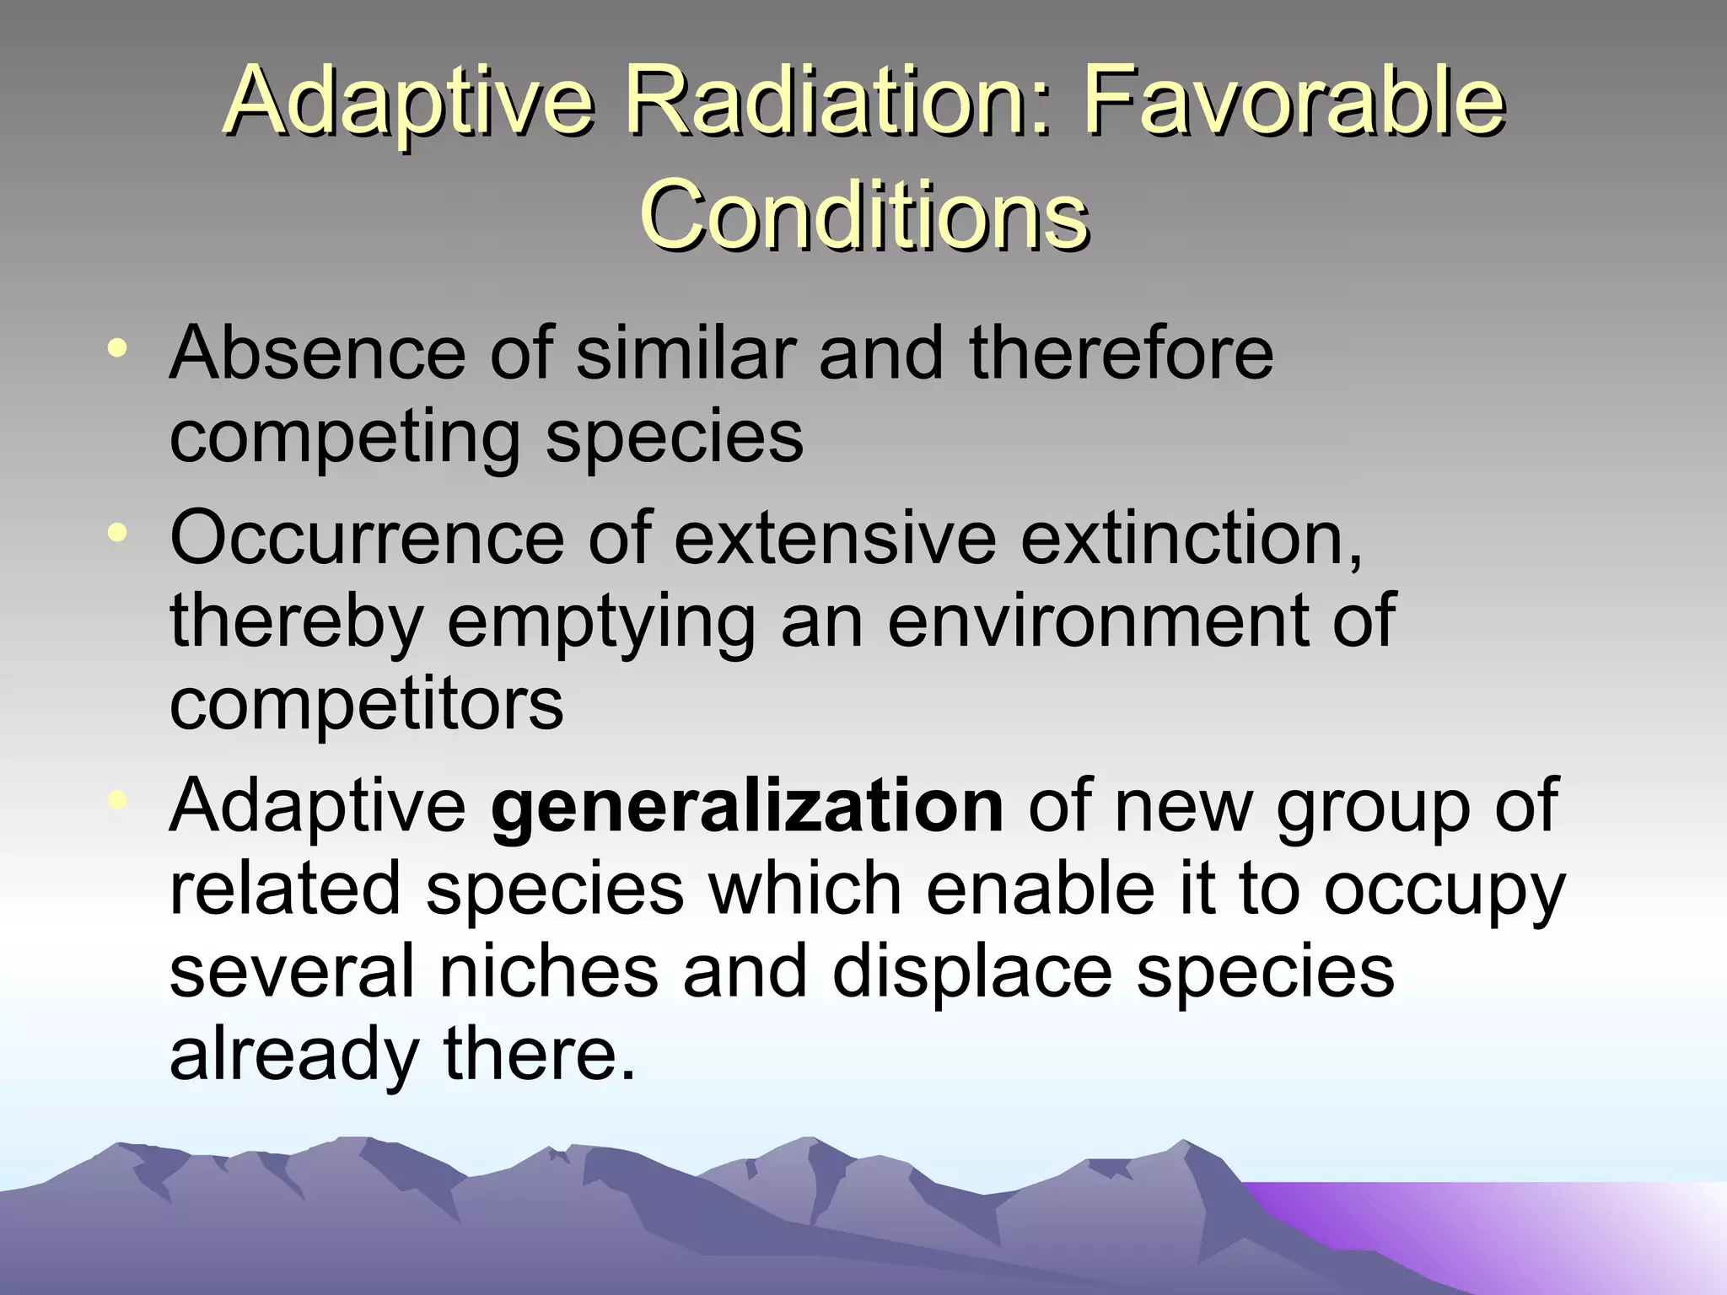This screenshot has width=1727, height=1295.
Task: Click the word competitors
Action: (366, 703)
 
